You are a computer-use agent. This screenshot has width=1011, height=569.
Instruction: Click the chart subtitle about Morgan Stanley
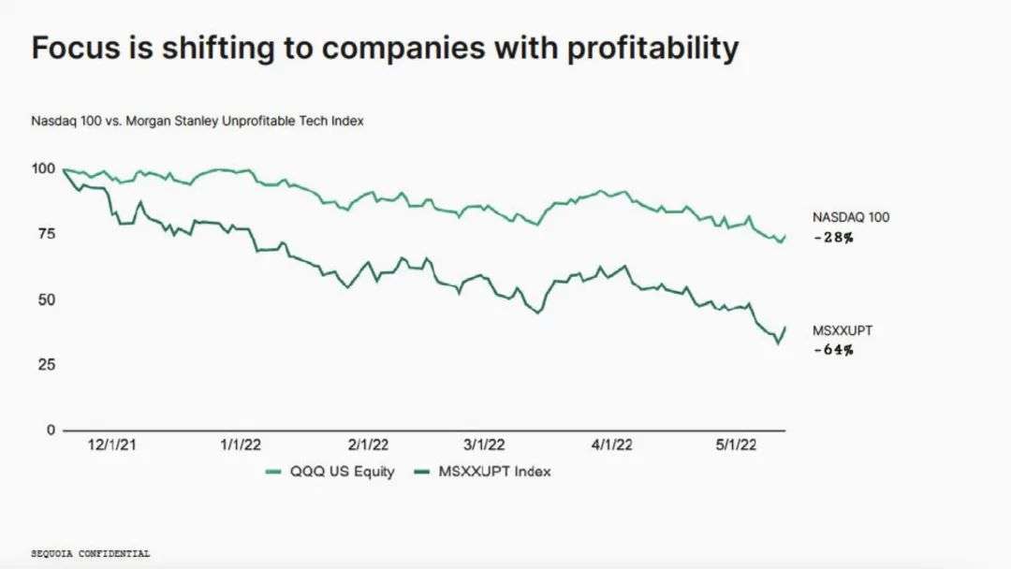point(198,121)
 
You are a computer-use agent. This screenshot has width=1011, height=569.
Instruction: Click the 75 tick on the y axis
point(44,234)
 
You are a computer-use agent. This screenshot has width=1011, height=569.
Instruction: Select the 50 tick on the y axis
point(44,299)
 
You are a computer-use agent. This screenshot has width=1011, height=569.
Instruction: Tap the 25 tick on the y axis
point(44,364)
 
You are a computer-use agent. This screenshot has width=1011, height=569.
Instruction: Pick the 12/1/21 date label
point(111,445)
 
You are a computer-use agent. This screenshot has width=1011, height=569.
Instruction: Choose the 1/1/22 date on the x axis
point(241,445)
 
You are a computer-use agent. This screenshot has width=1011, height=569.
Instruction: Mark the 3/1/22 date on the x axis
point(486,445)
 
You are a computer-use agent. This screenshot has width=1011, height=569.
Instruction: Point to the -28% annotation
point(833,238)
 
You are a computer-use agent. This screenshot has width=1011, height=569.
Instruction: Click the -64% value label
point(833,350)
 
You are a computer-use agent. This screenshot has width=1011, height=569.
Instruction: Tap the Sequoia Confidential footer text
point(91,553)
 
